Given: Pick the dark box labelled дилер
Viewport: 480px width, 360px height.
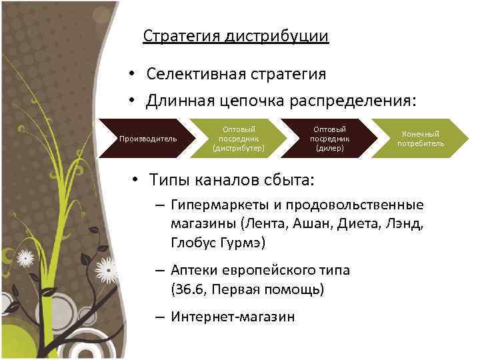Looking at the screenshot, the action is (329, 139).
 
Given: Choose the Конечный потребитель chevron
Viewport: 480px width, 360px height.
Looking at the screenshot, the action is (420, 139).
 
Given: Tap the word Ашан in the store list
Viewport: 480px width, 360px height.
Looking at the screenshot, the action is (319, 223).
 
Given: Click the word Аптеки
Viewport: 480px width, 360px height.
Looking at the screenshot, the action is (194, 271).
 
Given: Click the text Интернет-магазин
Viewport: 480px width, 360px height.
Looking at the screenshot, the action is (232, 317).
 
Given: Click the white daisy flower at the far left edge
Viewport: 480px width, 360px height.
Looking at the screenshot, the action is (25, 257).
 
